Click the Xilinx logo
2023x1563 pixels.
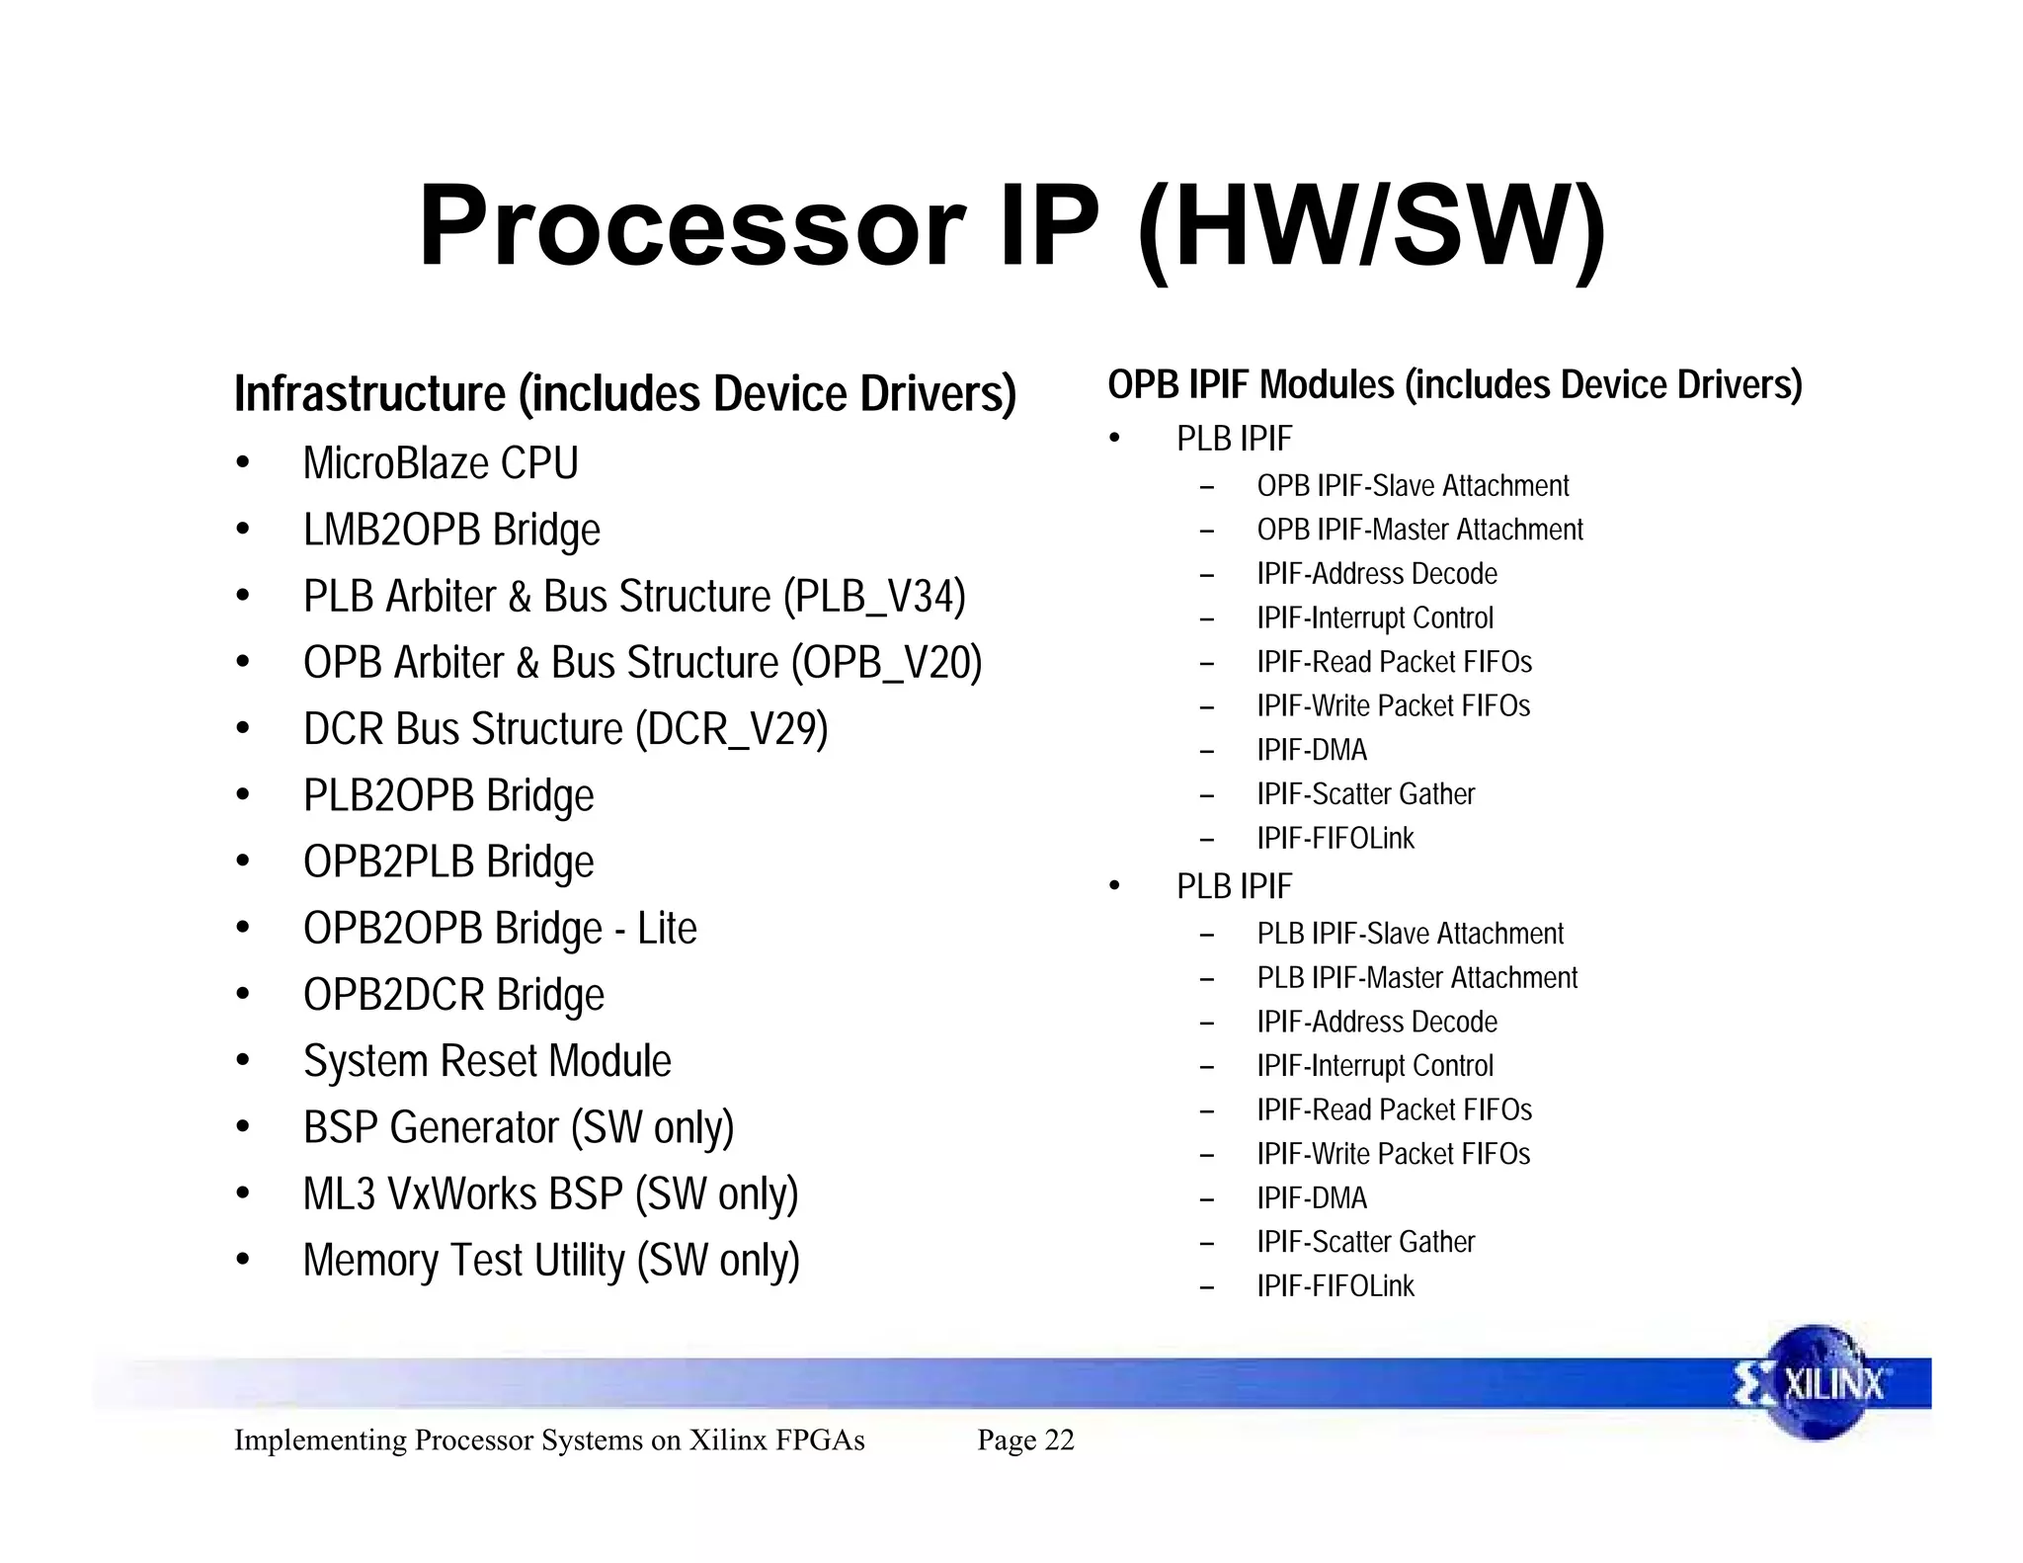click(x=1818, y=1383)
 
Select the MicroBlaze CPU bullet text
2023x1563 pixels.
click(x=441, y=463)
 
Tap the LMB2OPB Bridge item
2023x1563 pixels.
click(x=451, y=530)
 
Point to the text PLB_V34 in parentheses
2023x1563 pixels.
click(x=874, y=597)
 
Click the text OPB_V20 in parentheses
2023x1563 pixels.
click(x=886, y=663)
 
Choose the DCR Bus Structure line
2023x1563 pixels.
click(x=565, y=729)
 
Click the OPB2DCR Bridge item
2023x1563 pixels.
click(x=453, y=995)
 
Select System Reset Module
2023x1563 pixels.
click(x=487, y=1061)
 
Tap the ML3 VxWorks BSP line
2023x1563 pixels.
click(x=550, y=1193)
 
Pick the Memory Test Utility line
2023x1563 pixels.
click(x=551, y=1261)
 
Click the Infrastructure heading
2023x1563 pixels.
click(x=624, y=393)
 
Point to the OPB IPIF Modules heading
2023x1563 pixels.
click(x=1454, y=384)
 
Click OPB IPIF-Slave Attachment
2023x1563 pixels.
click(x=1413, y=486)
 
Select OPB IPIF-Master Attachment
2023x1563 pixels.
click(x=1419, y=530)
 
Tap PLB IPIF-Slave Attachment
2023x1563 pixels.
click(x=1410, y=934)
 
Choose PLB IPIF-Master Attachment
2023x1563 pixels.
click(x=1416, y=977)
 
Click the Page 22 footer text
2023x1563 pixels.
click(x=1025, y=1440)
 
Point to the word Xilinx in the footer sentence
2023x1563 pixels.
click(x=727, y=1440)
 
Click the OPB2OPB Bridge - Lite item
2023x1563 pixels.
click(x=500, y=929)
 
